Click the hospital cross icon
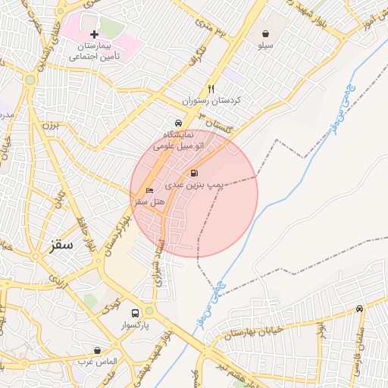click(x=94, y=35)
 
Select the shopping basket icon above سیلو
click(x=266, y=33)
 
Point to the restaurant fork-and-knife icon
click(x=211, y=88)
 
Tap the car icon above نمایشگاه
click(x=177, y=123)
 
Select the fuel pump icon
click(x=195, y=173)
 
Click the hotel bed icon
click(x=149, y=189)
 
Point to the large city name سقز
click(x=59, y=245)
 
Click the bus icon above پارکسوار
click(x=135, y=312)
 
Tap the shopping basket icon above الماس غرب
click(x=97, y=350)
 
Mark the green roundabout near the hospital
click(x=30, y=79)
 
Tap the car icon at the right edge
click(x=358, y=308)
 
